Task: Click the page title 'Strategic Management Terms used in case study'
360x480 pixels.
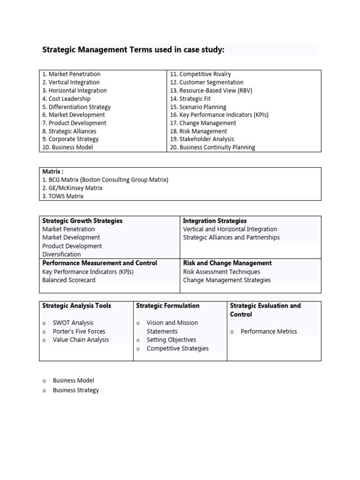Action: coord(133,49)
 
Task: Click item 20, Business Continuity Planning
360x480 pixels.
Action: coord(212,147)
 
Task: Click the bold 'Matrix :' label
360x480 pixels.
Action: coord(53,172)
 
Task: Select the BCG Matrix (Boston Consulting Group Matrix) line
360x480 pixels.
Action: coord(105,180)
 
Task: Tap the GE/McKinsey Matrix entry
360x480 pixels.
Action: coord(72,188)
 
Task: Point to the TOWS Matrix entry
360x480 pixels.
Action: coord(63,196)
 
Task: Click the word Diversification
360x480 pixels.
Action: coord(61,254)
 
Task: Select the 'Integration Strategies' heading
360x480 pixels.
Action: coord(215,221)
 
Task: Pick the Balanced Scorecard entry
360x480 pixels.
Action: coord(68,280)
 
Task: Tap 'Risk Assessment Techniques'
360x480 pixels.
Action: coord(221,271)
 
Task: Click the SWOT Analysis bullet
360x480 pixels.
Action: coord(73,322)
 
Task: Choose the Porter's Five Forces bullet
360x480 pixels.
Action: coord(79,331)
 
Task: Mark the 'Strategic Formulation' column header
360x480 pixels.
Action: coord(167,306)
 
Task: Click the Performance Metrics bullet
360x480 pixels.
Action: coord(269,331)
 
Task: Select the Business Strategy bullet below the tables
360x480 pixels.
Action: coord(76,390)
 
